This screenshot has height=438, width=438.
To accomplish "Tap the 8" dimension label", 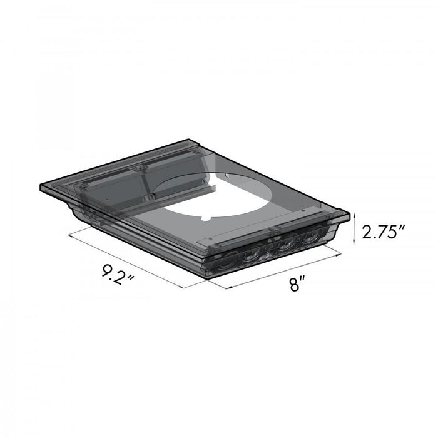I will pos(298,285).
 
